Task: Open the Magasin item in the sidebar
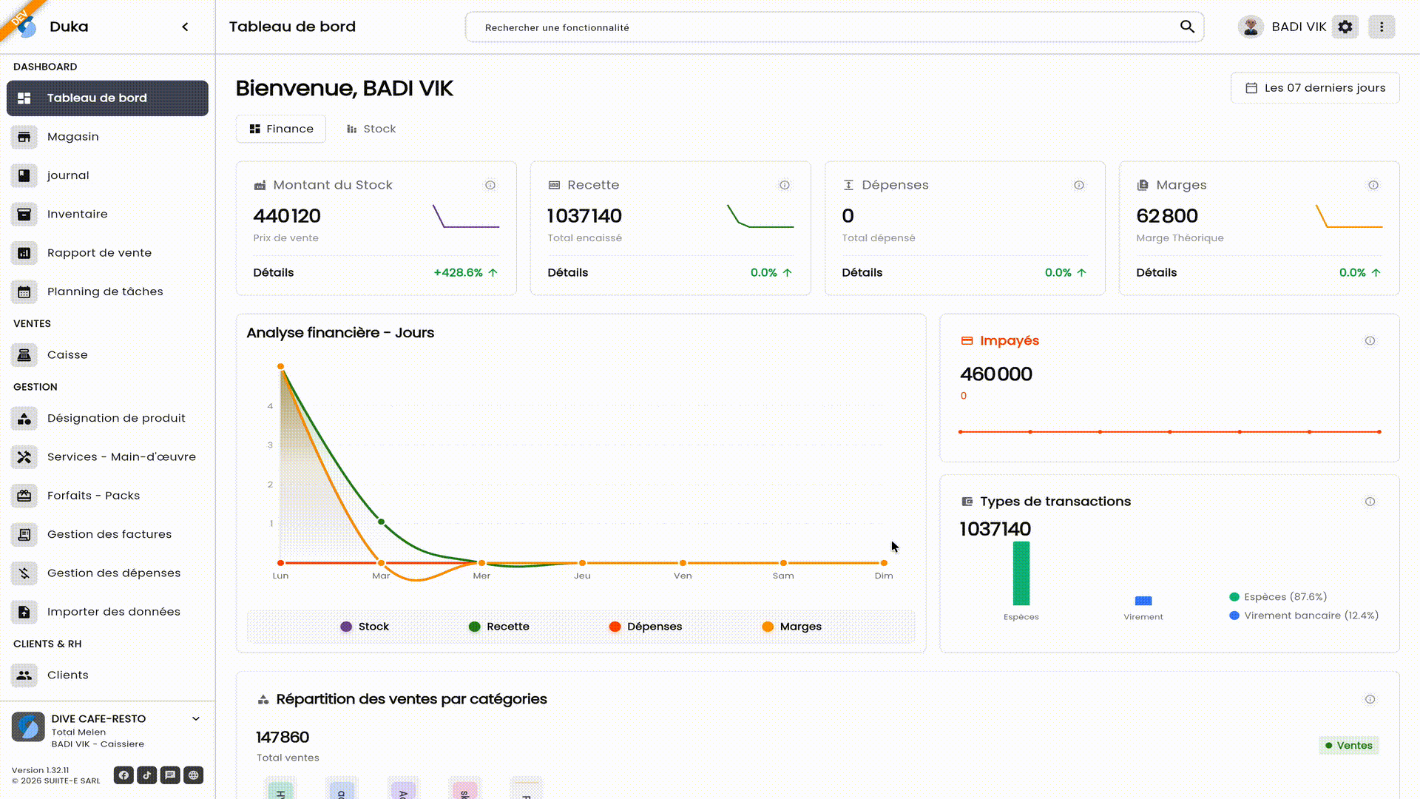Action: [x=72, y=137]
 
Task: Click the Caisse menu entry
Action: [x=67, y=355]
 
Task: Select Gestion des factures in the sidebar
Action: [x=109, y=534]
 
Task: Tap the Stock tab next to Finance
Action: [x=371, y=129]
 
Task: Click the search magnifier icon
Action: [x=1187, y=27]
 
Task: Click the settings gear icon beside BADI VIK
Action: [x=1345, y=27]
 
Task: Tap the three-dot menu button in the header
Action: [x=1381, y=27]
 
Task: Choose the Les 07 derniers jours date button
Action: [x=1315, y=88]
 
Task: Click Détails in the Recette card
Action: [x=567, y=272]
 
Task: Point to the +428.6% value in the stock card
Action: [x=458, y=272]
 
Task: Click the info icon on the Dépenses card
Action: [x=1079, y=185]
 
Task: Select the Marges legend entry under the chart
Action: [x=791, y=627]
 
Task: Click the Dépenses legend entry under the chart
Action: [x=645, y=627]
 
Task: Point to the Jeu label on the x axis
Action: [x=582, y=576]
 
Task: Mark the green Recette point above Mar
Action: [x=382, y=522]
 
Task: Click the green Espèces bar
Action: [x=1021, y=573]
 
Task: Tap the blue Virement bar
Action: [x=1143, y=601]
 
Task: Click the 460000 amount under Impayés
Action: [x=995, y=374]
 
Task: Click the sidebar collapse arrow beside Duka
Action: [x=185, y=27]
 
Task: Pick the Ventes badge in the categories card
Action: [x=1349, y=745]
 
